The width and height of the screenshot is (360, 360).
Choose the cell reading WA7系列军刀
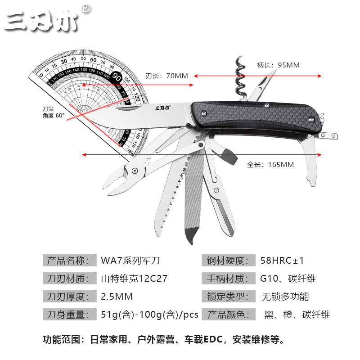pyautogui.click(x=131, y=261)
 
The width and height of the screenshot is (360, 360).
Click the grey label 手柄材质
pyautogui.click(x=228, y=279)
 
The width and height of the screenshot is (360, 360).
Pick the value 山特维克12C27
pyautogui.click(x=134, y=279)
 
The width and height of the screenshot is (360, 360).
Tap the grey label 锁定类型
pyautogui.click(x=228, y=297)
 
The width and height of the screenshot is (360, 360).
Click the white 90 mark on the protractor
pyautogui.click(x=117, y=76)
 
